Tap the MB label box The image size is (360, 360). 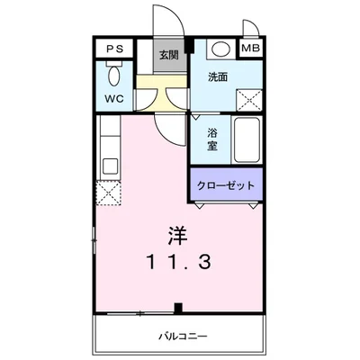coord(253,49)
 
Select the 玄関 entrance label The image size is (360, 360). coord(168,55)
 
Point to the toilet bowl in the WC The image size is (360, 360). coord(115,71)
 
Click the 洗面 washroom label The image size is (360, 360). coord(219,77)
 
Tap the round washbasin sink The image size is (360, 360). coord(220,49)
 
